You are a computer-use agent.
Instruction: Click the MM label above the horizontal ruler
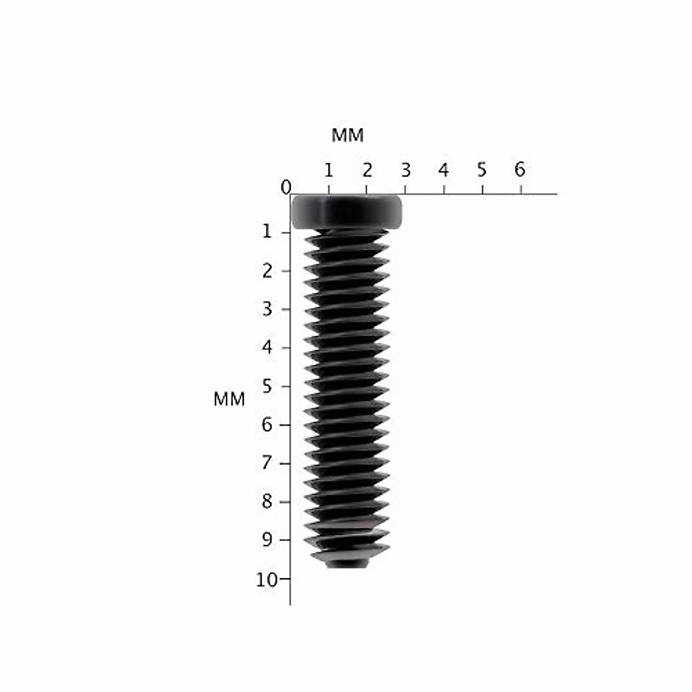click(347, 136)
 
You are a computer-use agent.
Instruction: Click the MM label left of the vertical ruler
click(229, 399)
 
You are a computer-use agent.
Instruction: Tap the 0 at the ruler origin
click(285, 187)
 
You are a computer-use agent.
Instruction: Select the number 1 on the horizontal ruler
click(328, 170)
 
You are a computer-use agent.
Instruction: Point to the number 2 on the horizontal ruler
click(367, 170)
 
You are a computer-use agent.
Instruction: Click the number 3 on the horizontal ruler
click(405, 170)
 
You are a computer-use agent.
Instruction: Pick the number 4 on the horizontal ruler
click(443, 170)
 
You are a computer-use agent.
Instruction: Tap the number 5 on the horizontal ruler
click(482, 170)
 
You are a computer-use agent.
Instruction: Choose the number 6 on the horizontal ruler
click(520, 170)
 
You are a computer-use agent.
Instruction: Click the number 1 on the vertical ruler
click(266, 232)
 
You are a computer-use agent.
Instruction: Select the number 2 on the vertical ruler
click(267, 270)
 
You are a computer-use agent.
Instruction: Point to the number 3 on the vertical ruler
click(267, 309)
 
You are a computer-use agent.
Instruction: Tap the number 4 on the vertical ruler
click(267, 348)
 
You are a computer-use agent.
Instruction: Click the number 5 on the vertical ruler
click(267, 386)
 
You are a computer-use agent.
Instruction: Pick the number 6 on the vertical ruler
click(267, 425)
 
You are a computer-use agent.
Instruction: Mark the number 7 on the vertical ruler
click(267, 463)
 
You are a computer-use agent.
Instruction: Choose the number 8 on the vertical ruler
click(267, 502)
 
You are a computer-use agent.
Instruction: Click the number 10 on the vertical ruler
click(266, 580)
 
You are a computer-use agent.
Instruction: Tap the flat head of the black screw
click(346, 212)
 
